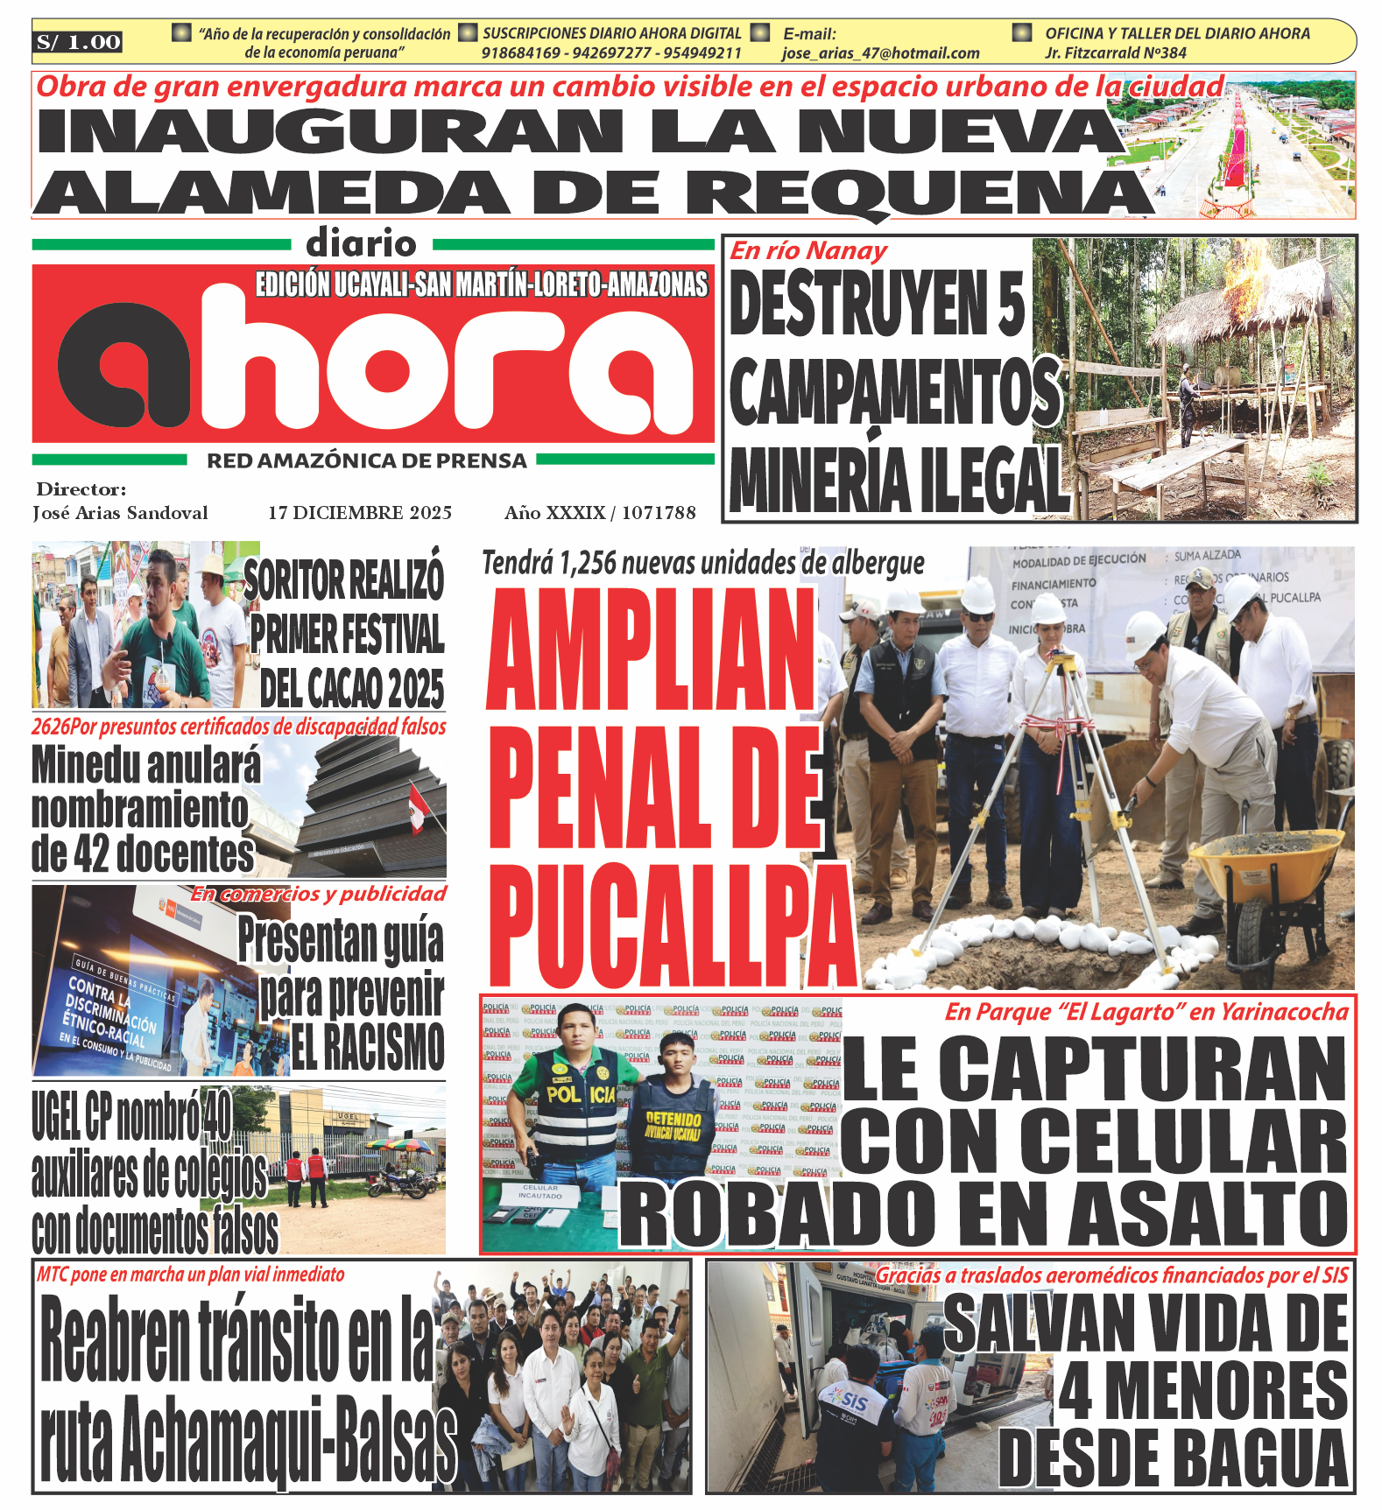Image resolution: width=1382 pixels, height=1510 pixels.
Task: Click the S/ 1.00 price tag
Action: click(x=79, y=42)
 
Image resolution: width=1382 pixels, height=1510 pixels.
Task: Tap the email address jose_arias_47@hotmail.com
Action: click(x=880, y=53)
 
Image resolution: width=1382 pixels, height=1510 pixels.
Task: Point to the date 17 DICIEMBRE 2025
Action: click(x=360, y=513)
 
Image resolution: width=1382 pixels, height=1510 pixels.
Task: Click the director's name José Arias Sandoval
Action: click(x=120, y=513)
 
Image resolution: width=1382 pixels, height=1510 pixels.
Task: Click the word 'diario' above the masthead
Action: click(x=361, y=243)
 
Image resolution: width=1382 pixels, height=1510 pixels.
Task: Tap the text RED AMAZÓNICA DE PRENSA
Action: click(x=367, y=461)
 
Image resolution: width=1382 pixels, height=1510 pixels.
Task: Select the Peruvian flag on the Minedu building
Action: click(x=418, y=808)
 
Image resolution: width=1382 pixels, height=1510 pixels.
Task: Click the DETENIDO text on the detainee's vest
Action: click(x=673, y=1120)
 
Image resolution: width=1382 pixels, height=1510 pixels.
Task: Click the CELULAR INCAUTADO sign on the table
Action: click(x=539, y=1191)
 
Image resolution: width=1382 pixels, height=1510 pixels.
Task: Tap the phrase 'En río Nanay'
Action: click(x=808, y=251)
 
